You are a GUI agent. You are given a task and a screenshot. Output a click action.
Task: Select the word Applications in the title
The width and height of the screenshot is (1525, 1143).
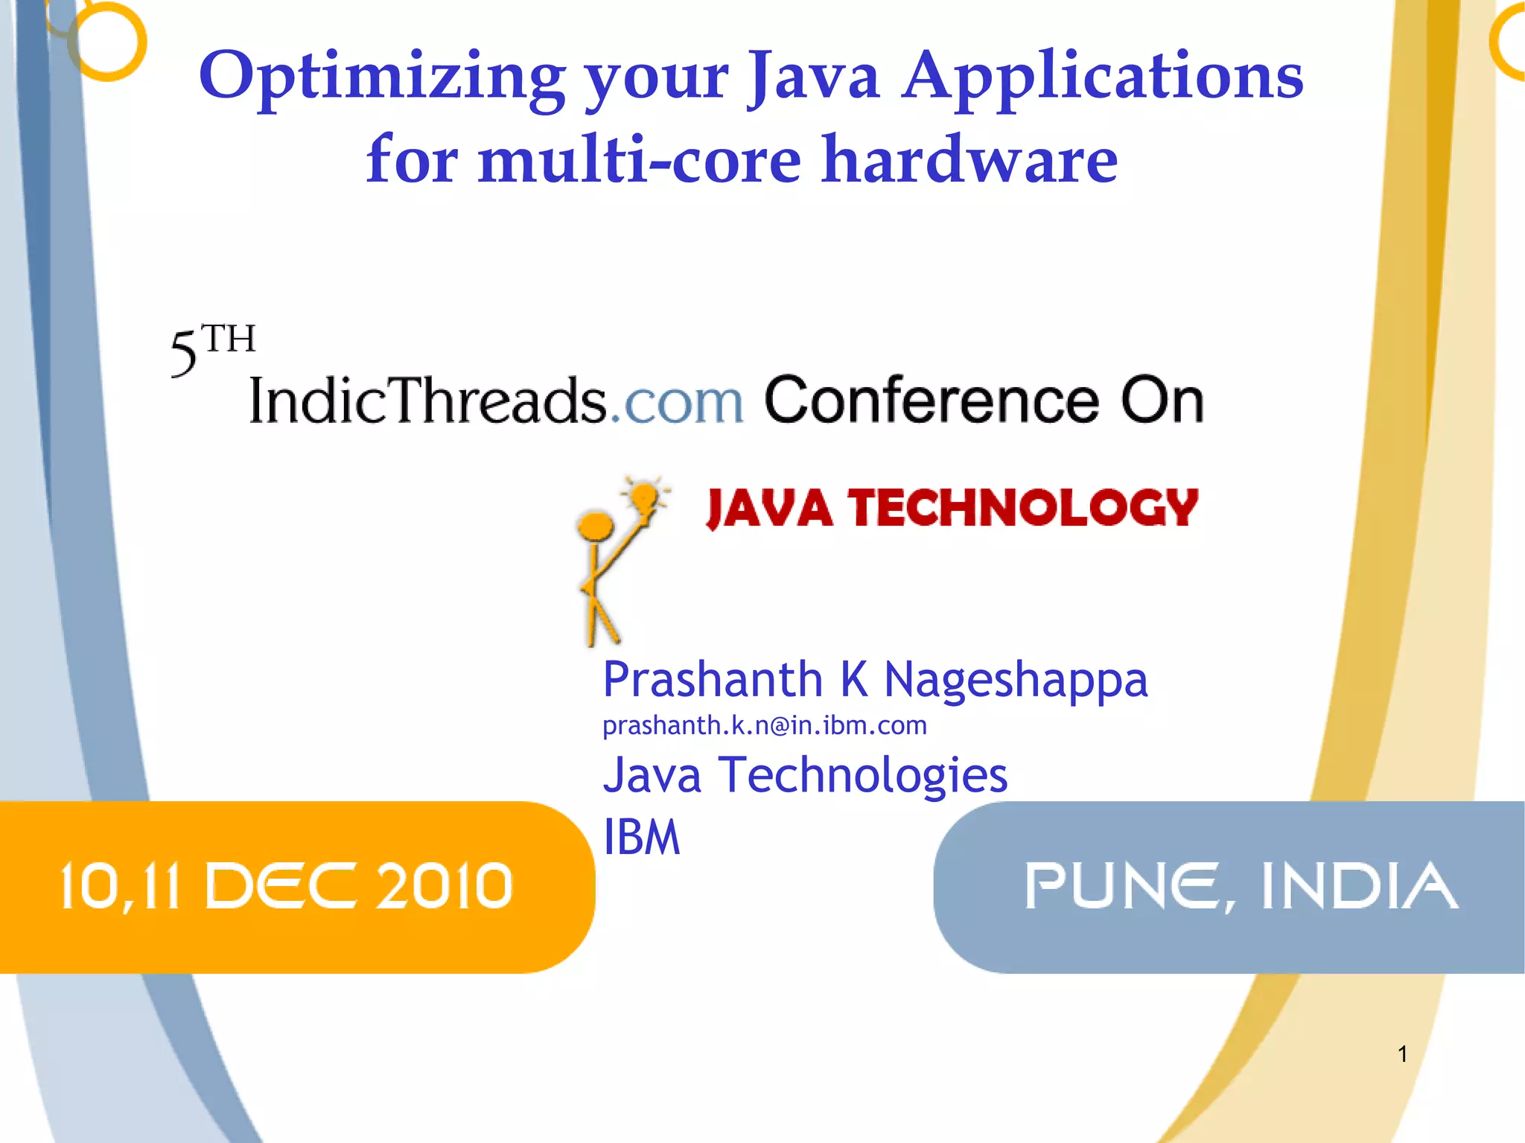pyautogui.click(x=1103, y=77)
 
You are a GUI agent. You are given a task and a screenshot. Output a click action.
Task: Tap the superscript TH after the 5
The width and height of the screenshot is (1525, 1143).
pyautogui.click(x=229, y=340)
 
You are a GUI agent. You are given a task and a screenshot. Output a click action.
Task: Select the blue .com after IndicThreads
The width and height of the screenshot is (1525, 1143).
pyautogui.click(x=677, y=402)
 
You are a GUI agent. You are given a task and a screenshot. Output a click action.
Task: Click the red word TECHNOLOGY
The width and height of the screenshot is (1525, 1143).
pyautogui.click(x=1023, y=509)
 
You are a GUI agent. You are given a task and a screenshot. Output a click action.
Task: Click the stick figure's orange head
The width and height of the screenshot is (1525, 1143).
pyautogui.click(x=595, y=525)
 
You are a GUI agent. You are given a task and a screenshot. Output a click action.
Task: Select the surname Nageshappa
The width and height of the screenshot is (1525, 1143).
pyautogui.click(x=1016, y=681)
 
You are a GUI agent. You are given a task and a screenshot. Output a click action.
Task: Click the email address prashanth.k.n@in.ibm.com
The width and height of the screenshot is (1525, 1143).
pyautogui.click(x=764, y=725)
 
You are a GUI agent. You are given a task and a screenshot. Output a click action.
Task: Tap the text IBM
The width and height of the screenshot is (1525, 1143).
pyautogui.click(x=641, y=838)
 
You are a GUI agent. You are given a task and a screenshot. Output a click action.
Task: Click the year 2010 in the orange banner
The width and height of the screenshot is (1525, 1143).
pyautogui.click(x=445, y=886)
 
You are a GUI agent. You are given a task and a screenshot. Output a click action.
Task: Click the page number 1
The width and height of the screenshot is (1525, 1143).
pyautogui.click(x=1402, y=1054)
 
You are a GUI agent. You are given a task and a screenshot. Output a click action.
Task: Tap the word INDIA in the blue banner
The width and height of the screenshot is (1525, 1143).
pyautogui.click(x=1359, y=886)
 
